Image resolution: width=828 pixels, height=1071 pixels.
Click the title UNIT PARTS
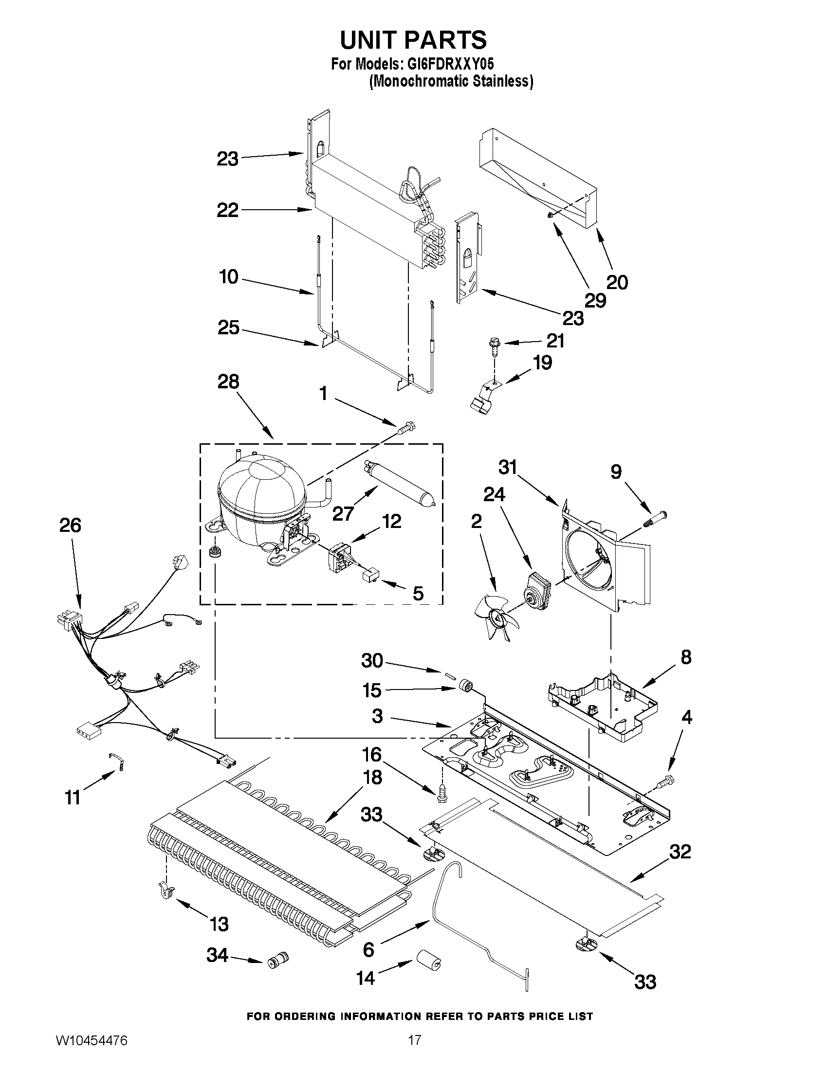click(x=413, y=40)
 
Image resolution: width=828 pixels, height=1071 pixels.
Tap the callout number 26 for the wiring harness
click(x=70, y=525)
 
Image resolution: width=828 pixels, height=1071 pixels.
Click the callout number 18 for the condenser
click(x=373, y=777)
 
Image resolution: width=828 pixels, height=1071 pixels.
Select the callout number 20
click(x=617, y=282)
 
